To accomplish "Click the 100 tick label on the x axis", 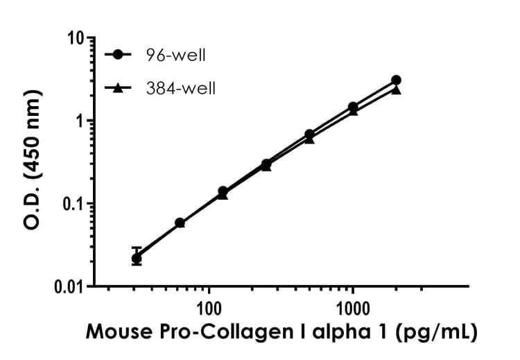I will [x=208, y=306].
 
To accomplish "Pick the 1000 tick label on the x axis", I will [x=353, y=306].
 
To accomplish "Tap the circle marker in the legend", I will [x=119, y=54].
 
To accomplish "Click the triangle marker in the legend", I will [x=119, y=87].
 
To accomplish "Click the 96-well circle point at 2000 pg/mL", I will [x=396, y=80].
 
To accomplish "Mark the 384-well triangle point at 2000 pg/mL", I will [x=396, y=89].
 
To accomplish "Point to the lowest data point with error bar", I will [x=137, y=258].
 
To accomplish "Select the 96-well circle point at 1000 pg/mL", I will [x=353, y=107].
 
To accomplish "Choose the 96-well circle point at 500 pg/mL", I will [x=309, y=134].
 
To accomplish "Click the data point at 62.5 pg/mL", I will [x=180, y=223].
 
